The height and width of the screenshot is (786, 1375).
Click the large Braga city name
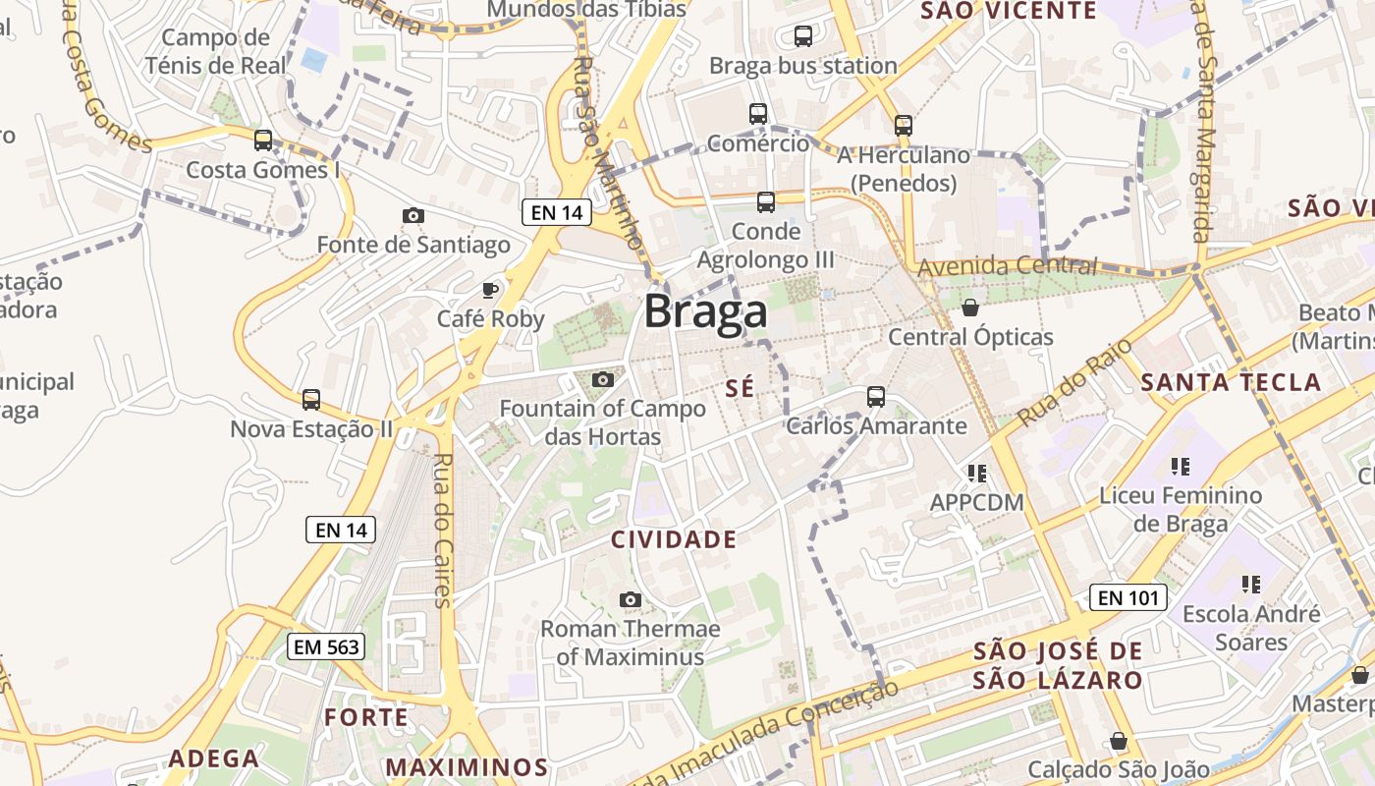[x=705, y=312]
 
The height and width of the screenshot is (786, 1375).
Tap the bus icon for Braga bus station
[x=802, y=36]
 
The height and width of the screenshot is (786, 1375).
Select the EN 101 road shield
[x=1127, y=596]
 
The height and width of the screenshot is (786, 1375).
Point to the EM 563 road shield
[x=326, y=646]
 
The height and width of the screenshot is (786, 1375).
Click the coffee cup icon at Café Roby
[x=490, y=289]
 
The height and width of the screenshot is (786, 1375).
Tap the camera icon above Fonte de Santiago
[x=413, y=215]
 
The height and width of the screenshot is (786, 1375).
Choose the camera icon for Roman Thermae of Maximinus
[x=631, y=599]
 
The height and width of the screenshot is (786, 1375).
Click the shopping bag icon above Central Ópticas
[x=970, y=308]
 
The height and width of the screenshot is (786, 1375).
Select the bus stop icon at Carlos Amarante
[x=876, y=397]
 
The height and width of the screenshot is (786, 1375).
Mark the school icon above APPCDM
[x=976, y=474]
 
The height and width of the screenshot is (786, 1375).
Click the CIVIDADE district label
[x=674, y=539]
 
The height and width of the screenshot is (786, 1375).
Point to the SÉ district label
[x=741, y=389]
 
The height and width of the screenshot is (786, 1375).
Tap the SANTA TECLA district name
[x=1232, y=383]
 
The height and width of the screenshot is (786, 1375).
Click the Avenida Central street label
[x=1007, y=266]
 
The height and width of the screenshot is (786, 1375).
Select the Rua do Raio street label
[x=1073, y=382]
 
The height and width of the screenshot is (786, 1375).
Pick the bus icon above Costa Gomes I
[x=263, y=140]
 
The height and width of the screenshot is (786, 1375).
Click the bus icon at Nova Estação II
[x=311, y=400]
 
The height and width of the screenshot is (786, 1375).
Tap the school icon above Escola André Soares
[x=1250, y=585]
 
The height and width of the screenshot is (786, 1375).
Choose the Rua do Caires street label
[x=443, y=531]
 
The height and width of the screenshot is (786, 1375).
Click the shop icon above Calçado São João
[x=1118, y=740]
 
